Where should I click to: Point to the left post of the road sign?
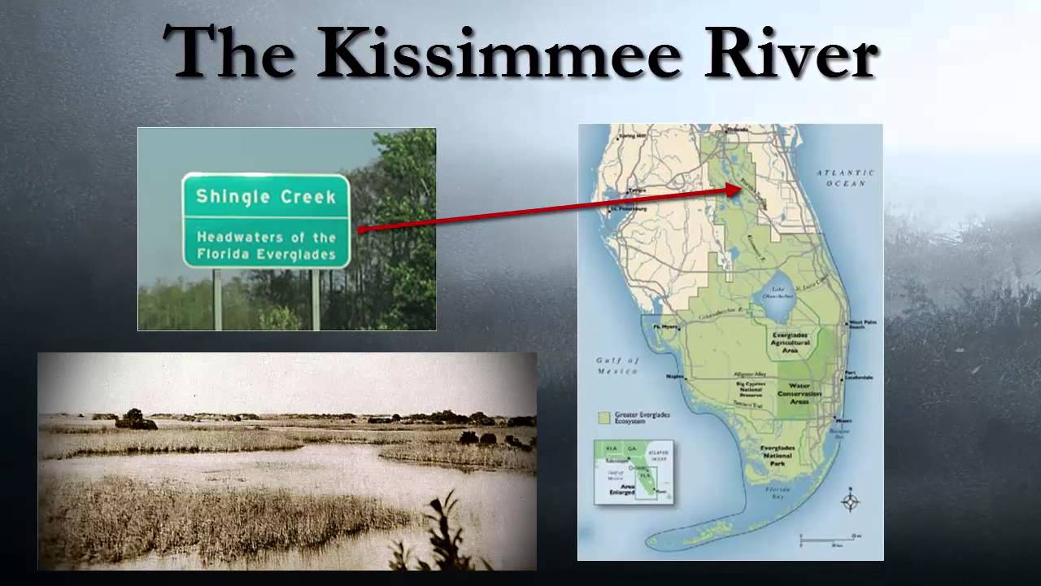(217, 299)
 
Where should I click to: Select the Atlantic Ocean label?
(845, 178)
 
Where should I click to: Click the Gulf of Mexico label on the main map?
(619, 365)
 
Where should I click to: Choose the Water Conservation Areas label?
(799, 393)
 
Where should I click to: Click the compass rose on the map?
(850, 501)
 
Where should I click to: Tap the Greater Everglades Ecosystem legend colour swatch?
(603, 418)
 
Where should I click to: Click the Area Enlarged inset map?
(634, 471)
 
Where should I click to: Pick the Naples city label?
(674, 377)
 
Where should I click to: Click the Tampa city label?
(636, 192)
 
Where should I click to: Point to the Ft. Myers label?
(664, 326)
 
